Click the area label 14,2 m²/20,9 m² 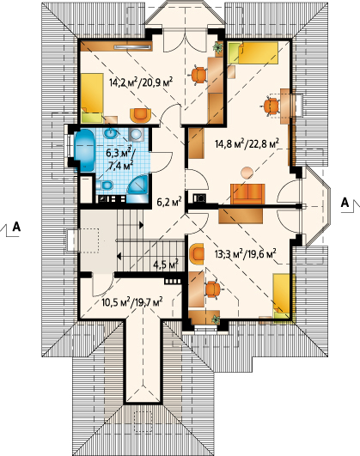pos(141,82)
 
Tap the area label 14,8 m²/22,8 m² pos(247,143)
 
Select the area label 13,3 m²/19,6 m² pos(246,254)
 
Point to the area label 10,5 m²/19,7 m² pos(132,302)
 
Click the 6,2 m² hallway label pos(169,202)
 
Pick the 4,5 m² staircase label pos(166,264)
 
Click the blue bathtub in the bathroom pos(85,150)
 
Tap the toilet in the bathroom pos(105,185)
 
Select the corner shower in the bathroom pos(138,188)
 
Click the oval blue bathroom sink pos(110,134)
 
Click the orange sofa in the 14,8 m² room pos(247,194)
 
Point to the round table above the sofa pos(247,173)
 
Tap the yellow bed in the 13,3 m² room pos(282,296)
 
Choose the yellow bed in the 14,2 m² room pos(92,98)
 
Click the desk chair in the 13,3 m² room pos(213,289)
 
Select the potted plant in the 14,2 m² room pos(218,47)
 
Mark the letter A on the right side pos(345,203)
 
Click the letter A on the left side pos(16,227)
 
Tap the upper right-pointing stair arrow pos(142,225)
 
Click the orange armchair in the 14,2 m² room pos(141,115)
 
